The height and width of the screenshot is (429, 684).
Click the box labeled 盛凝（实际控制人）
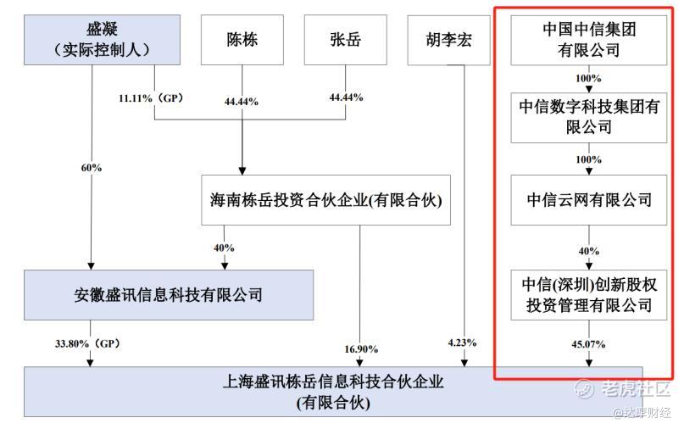102,40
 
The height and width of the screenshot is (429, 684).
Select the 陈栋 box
242,40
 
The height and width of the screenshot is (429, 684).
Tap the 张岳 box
346,40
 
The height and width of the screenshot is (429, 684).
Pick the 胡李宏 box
449,40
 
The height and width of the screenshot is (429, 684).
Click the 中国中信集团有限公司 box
589,40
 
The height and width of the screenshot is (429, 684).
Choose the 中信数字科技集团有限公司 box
589,117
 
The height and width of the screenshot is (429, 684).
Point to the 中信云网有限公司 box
589,200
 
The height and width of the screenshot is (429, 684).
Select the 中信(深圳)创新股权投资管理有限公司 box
589,295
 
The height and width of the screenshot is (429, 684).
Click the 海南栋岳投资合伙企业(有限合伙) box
325,200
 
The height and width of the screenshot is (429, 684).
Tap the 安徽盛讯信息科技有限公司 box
169,295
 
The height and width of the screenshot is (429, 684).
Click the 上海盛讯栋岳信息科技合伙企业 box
333,392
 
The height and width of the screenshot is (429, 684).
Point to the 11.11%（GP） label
151,98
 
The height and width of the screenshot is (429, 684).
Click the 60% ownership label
92,168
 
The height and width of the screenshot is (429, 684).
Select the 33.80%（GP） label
87,344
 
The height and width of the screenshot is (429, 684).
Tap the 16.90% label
361,349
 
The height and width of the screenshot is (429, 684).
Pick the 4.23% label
462,343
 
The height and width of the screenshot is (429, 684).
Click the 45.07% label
588,344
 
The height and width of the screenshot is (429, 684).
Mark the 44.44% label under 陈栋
242,102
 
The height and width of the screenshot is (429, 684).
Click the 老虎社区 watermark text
635,388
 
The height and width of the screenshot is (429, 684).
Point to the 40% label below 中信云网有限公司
588,251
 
